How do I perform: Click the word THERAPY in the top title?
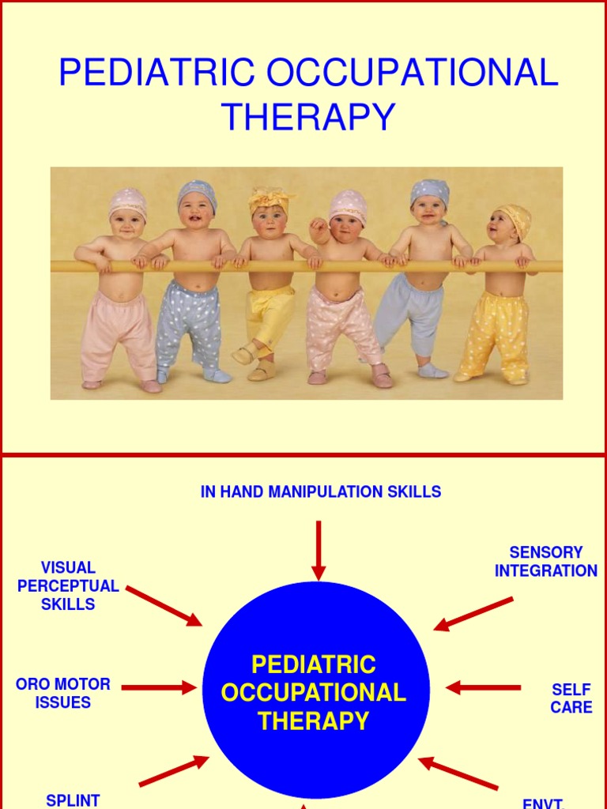point(308,117)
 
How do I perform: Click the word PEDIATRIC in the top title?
point(157,73)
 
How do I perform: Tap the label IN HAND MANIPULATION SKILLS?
point(320,491)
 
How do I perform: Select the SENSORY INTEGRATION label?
point(546,561)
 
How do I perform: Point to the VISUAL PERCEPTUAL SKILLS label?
point(68,585)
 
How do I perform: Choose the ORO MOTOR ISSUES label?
point(63,693)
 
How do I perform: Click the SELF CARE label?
point(571,698)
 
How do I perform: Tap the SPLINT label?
point(73,800)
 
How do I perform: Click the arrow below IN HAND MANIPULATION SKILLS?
point(319,550)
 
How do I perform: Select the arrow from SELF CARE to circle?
point(482,687)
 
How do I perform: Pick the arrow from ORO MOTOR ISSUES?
point(158,687)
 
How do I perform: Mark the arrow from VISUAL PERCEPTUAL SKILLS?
point(164,606)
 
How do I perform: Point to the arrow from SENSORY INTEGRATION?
point(473,613)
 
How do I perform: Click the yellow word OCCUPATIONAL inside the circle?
point(314,693)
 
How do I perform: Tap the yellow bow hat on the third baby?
point(270,199)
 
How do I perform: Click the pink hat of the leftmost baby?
point(127,201)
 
